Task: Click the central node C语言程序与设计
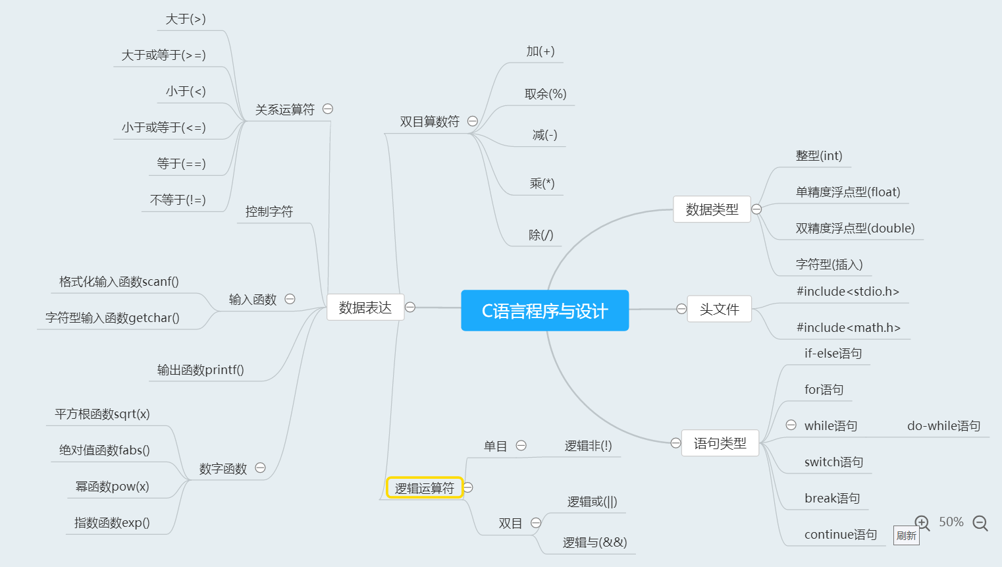(545, 311)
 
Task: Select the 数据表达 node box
(365, 308)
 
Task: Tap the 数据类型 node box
(712, 209)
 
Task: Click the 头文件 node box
(720, 309)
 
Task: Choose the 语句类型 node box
(720, 443)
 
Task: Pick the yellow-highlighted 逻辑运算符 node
(424, 488)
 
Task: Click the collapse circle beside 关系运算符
(328, 109)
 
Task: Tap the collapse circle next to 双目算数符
(473, 121)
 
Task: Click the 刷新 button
(907, 535)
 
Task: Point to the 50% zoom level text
(951, 522)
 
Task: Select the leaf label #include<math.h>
(848, 327)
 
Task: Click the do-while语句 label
(944, 425)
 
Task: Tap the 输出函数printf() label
(200, 369)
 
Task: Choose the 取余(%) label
(545, 94)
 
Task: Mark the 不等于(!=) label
(178, 200)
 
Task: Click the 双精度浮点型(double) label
(855, 229)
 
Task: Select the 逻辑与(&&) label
(594, 543)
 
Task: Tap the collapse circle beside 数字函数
(260, 468)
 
